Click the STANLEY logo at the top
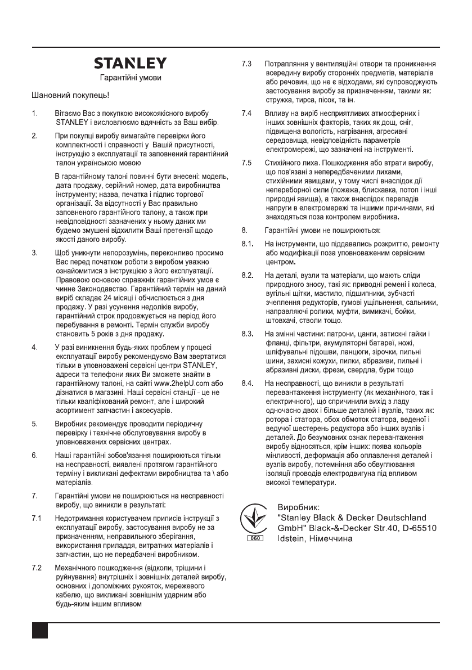[130, 63]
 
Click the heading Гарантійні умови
[130, 77]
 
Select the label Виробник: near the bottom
[298, 506]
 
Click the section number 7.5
[246, 163]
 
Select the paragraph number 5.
[34, 422]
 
